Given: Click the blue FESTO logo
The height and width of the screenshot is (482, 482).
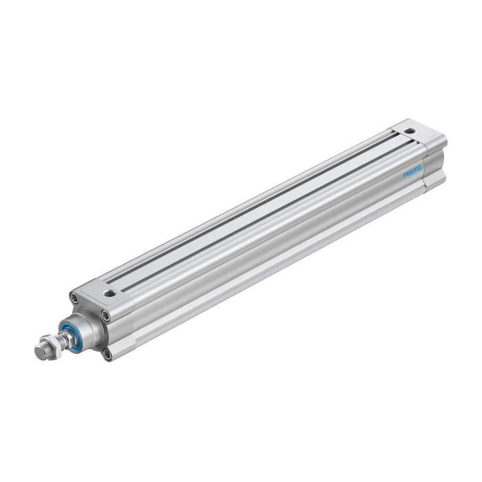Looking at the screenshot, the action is [412, 172].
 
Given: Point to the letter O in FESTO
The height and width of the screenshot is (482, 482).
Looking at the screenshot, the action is [419, 168].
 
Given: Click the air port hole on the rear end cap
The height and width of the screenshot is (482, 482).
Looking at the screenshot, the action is [409, 132].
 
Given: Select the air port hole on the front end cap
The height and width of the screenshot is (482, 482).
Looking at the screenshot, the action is [109, 293].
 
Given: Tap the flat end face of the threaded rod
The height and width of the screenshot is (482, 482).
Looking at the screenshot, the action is [40, 351].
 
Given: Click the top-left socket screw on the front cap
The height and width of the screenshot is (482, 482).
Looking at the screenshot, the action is [74, 297].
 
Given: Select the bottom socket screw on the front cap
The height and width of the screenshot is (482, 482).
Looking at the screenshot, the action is [107, 355].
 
